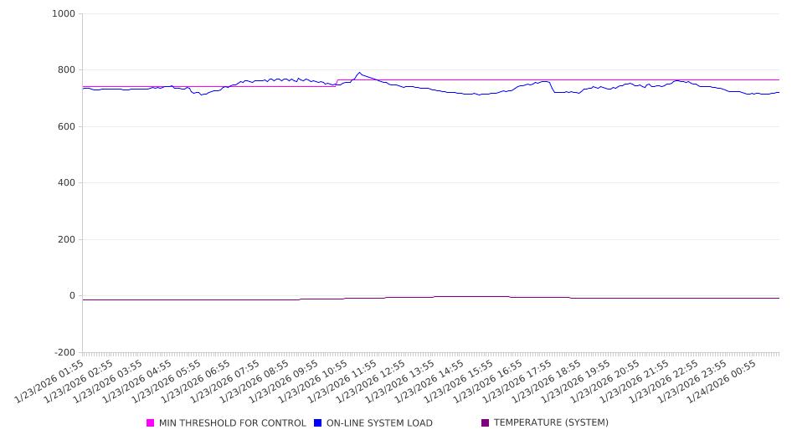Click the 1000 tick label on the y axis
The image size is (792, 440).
tap(64, 14)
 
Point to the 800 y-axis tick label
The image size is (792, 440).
tap(65, 70)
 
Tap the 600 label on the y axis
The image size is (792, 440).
tap(65, 127)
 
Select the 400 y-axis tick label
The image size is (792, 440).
tap(65, 183)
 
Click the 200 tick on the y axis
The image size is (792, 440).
tap(65, 240)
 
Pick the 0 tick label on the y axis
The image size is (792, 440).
tap(71, 296)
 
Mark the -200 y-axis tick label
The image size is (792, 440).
tap(64, 353)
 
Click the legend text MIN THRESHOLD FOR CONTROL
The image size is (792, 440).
tap(232, 423)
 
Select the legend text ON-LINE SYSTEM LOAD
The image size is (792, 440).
tap(379, 423)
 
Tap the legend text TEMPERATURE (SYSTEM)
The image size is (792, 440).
tap(551, 423)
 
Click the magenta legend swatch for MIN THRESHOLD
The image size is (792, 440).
tap(151, 423)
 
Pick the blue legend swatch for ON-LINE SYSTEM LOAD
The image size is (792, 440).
tap(318, 423)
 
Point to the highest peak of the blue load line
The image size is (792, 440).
tap(359, 73)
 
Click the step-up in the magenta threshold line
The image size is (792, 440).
tap(337, 83)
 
